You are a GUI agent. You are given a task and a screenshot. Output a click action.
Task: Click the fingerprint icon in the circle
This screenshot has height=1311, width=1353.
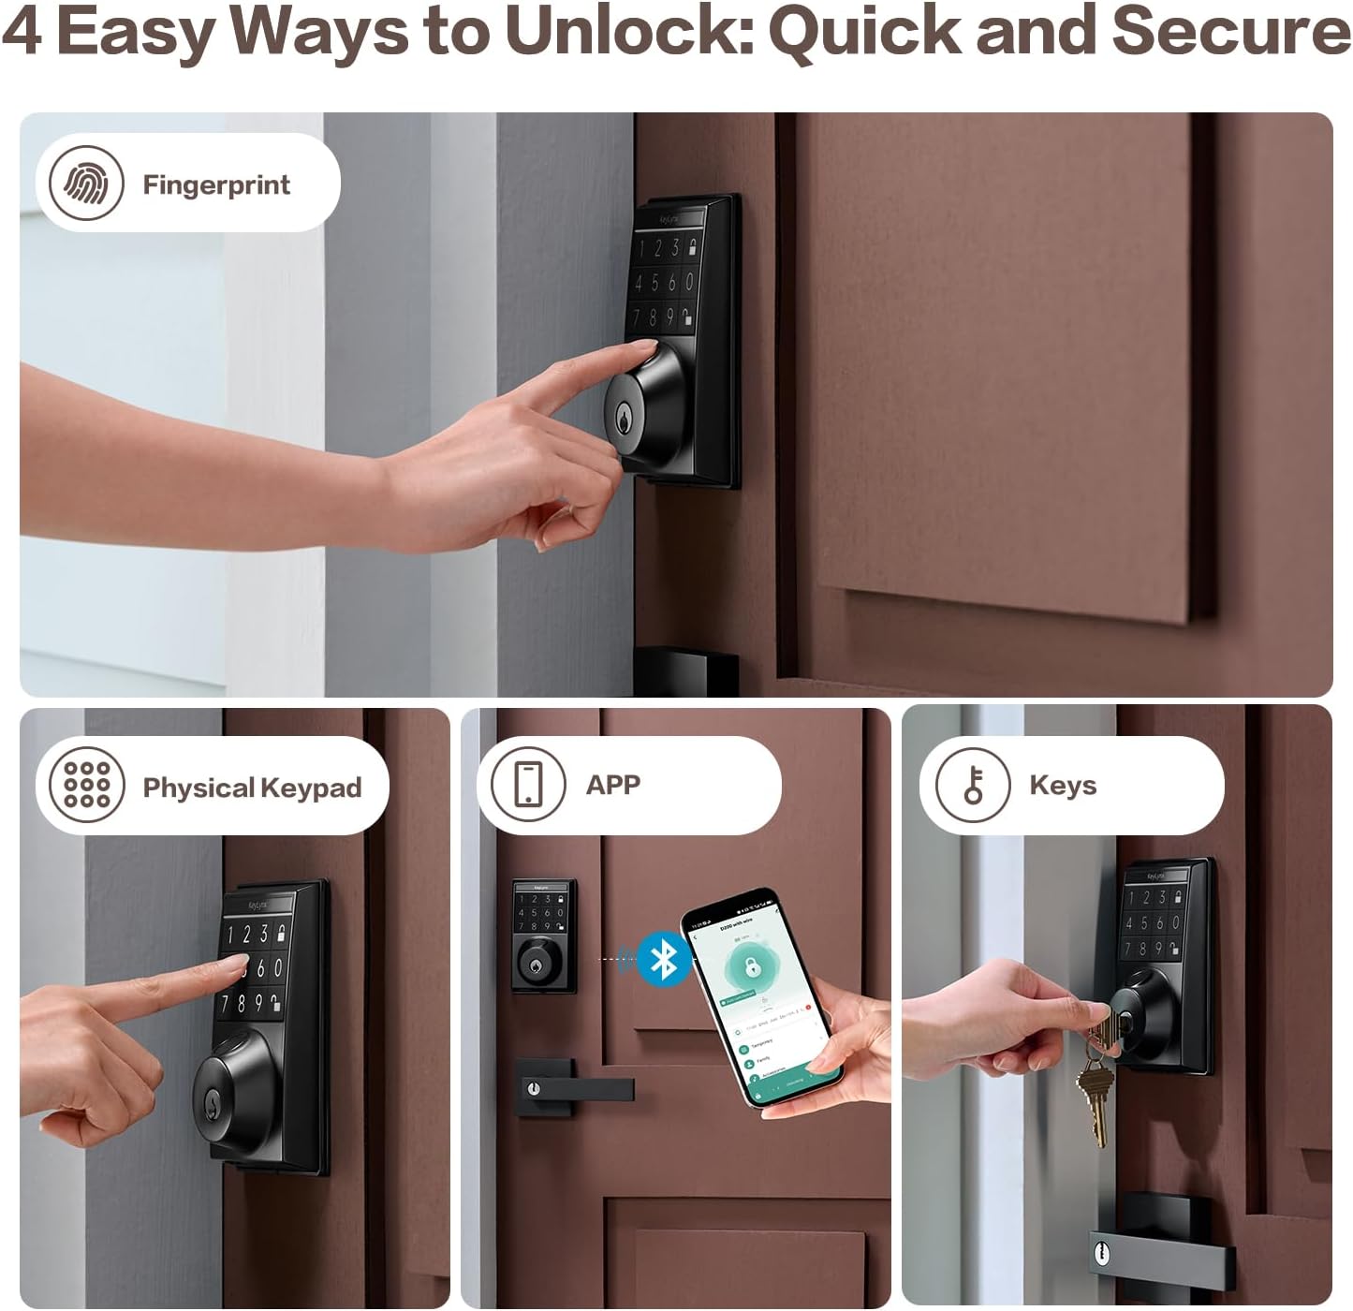point(86,184)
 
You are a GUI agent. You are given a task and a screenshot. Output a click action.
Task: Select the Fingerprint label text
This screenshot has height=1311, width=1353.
point(216,184)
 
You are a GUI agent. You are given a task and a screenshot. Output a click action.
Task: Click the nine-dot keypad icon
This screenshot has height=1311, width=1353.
point(86,785)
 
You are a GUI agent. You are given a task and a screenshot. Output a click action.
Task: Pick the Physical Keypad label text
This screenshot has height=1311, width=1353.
point(252,788)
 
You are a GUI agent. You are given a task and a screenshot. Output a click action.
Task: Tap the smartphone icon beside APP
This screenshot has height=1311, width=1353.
point(528,784)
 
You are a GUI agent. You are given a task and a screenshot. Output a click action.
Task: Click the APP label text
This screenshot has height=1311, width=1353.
point(613,785)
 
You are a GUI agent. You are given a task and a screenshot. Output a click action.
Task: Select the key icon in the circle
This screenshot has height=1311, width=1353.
point(974,785)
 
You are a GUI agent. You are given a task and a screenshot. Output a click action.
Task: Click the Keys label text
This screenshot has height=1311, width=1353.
point(1063,785)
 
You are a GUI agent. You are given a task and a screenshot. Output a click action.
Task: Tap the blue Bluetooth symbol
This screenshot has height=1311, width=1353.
point(664,959)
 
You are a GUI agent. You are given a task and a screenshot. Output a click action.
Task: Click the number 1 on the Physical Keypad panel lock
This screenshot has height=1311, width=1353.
point(231,935)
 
